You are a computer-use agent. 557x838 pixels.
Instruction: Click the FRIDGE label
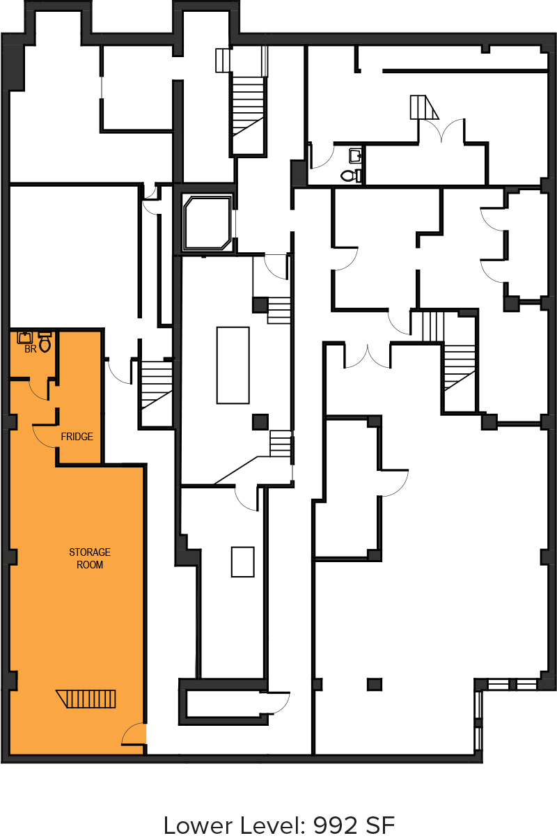point(77,437)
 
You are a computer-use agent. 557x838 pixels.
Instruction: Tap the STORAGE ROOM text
point(90,559)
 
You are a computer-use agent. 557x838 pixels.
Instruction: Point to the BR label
point(30,349)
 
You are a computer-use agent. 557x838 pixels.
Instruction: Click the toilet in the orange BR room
point(45,341)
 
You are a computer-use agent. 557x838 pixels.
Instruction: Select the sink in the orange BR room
point(25,338)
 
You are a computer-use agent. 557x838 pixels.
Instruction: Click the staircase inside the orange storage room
point(86,699)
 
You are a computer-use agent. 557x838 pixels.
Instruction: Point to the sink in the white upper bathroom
point(356,155)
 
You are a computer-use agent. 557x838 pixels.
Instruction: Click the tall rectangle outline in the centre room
point(233,365)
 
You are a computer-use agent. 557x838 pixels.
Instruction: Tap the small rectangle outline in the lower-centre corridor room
point(242,562)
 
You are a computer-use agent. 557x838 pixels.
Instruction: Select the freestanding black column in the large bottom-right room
point(374,685)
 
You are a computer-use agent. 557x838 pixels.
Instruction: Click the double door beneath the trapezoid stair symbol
point(441,131)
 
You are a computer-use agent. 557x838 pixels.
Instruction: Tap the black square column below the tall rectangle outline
point(260,421)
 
